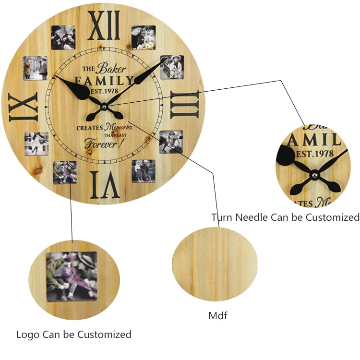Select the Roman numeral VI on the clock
pyautogui.click(x=105, y=185)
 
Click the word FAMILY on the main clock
pyautogui.click(x=105, y=80)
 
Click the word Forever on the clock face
pyautogui.click(x=99, y=143)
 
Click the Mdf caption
pyautogui.click(x=217, y=315)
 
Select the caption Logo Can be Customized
pyautogui.click(x=74, y=334)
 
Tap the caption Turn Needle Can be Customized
pyautogui.click(x=285, y=217)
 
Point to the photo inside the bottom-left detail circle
pyautogui.click(x=71, y=276)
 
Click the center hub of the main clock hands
pyautogui.click(x=105, y=106)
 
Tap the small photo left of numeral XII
pyautogui.click(x=63, y=37)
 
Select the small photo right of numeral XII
pyautogui.click(x=144, y=37)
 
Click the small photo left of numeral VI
pyautogui.click(x=64, y=172)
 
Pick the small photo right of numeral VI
pyautogui.click(x=144, y=171)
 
